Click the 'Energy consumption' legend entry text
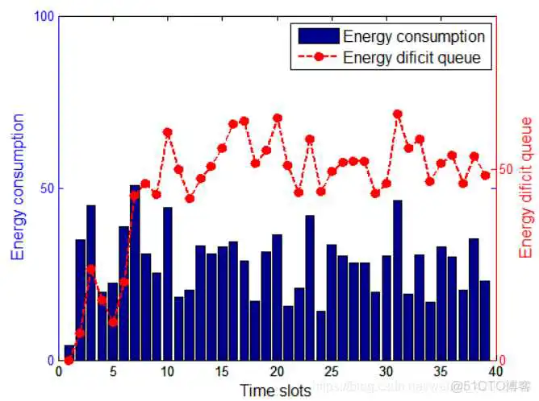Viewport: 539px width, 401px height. coord(413,36)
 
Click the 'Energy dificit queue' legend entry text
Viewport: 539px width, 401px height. coord(412,57)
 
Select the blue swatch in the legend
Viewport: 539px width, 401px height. coord(318,36)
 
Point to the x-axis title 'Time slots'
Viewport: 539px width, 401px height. coord(274,391)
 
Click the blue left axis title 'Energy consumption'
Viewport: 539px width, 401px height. coord(17,187)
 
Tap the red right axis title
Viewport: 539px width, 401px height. coord(525,187)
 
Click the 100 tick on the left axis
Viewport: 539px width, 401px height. coord(44,17)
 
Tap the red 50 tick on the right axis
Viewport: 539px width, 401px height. coord(505,170)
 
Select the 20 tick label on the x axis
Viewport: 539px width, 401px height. coord(277,373)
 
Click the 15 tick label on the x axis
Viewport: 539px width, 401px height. coord(222,373)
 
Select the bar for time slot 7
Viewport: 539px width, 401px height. coord(135,274)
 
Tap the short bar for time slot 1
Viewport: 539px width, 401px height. coord(69,353)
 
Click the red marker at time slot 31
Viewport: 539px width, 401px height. coord(397,114)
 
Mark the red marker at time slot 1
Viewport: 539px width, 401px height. coord(69,359)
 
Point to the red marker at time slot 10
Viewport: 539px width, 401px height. coord(168,132)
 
